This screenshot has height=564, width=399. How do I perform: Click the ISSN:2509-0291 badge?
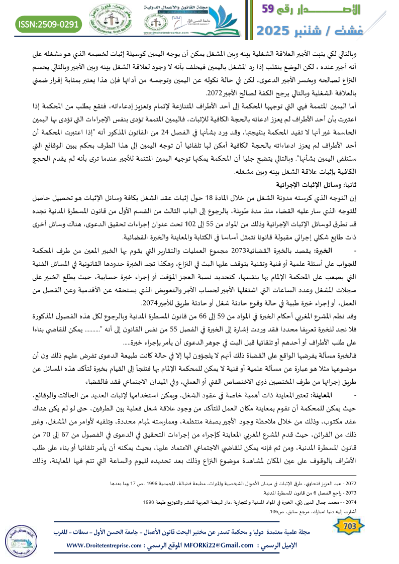click(x=49, y=23)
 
